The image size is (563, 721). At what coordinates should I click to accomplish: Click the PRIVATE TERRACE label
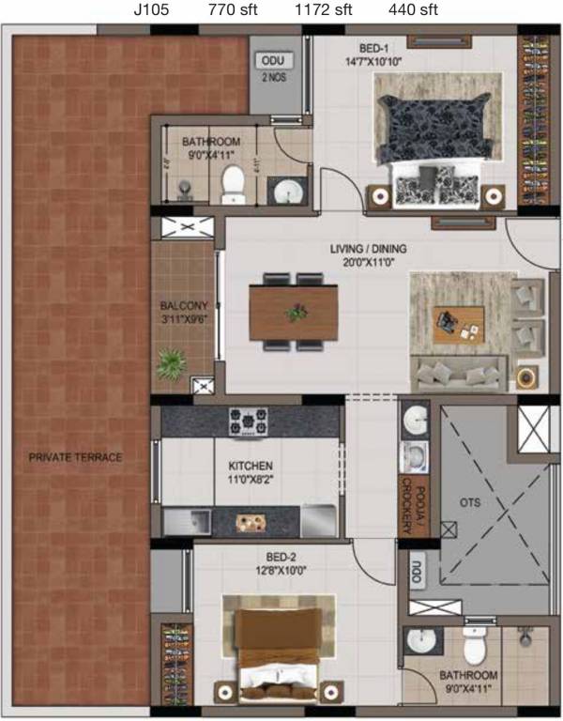(75, 457)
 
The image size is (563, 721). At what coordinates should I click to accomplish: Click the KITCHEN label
(251, 466)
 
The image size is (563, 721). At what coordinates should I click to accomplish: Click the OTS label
(469, 502)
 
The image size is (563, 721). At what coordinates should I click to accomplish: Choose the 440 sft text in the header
(413, 11)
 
